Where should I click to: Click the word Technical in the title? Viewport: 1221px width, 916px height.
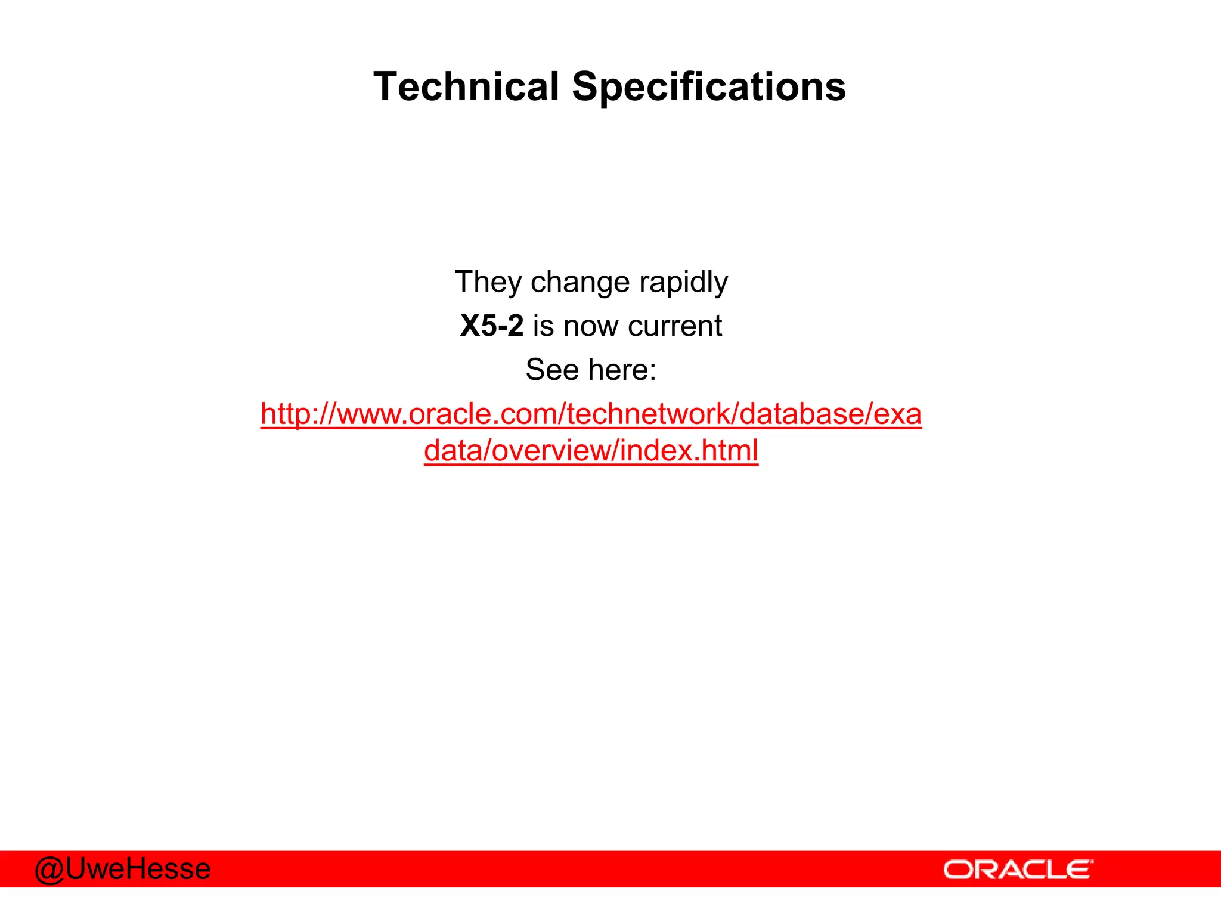pyautogui.click(x=466, y=87)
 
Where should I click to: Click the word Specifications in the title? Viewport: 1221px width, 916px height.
pyautogui.click(x=709, y=87)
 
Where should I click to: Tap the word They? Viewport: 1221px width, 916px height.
pyautogui.click(x=488, y=282)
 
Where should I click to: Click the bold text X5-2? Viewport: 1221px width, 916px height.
pyautogui.click(x=492, y=326)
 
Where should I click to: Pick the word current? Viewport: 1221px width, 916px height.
pyautogui.click(x=674, y=326)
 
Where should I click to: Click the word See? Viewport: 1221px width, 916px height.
pyautogui.click(x=552, y=370)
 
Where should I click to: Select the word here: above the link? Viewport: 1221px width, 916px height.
pyautogui.click(x=622, y=370)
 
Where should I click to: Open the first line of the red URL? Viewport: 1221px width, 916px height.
pyautogui.click(x=591, y=414)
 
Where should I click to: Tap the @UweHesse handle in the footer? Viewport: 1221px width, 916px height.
pyautogui.click(x=123, y=869)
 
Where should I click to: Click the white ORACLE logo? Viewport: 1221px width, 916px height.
pyautogui.click(x=1018, y=870)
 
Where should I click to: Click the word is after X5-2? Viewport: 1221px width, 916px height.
pyautogui.click(x=543, y=326)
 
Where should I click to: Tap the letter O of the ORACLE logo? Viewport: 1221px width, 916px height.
pyautogui.click(x=957, y=870)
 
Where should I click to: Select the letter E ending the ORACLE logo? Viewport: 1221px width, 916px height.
pyautogui.click(x=1080, y=870)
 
